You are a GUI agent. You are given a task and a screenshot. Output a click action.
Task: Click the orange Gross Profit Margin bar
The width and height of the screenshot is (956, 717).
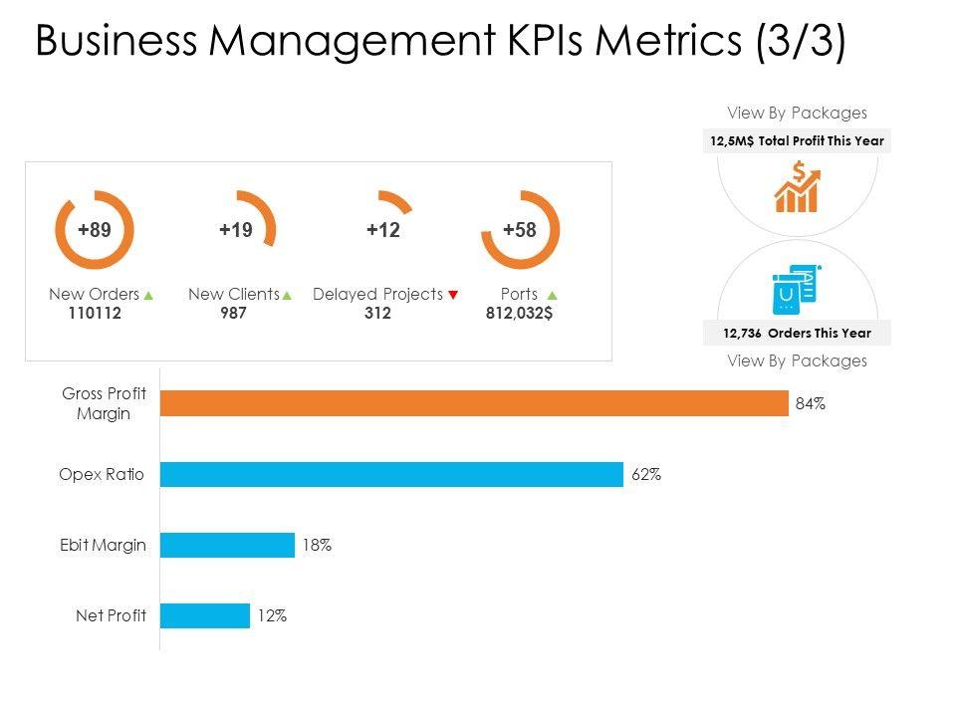[x=474, y=403]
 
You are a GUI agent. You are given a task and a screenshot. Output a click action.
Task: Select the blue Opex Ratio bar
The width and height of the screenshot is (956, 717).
[x=391, y=474]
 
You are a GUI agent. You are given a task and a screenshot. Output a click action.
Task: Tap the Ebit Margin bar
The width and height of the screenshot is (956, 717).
[x=227, y=545]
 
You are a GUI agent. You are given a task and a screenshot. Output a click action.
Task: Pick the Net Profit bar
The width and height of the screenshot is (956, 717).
[x=205, y=615]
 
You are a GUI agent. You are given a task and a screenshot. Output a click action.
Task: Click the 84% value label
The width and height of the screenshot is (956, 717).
[x=810, y=404]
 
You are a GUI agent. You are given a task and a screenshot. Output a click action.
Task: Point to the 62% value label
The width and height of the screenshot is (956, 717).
[x=645, y=475]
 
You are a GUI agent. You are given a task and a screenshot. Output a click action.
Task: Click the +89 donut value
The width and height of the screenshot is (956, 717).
[x=95, y=230]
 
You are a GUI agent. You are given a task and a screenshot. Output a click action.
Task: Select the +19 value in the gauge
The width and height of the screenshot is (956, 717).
[x=236, y=230]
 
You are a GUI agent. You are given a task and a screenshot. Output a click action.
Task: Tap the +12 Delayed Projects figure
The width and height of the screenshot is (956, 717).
[x=382, y=230]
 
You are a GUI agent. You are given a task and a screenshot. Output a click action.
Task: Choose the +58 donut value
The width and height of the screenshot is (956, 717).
[x=520, y=230]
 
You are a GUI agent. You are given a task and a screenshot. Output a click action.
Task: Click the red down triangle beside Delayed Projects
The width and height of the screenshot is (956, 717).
[x=453, y=295]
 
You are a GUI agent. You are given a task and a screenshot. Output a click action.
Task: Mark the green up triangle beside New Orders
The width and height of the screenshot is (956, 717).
[x=148, y=295]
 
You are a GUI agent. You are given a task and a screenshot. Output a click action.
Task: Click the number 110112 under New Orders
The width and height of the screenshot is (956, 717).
[x=95, y=313]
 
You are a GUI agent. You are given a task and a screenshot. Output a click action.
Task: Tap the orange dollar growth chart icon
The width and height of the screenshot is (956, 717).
[x=798, y=189]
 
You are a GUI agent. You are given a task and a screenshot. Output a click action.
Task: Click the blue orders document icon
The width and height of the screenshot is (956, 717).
[x=794, y=290]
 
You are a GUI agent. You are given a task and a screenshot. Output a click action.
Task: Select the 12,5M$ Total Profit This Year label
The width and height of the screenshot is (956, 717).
[x=797, y=141]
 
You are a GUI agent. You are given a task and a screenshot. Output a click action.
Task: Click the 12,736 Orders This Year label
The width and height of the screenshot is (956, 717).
[x=797, y=333]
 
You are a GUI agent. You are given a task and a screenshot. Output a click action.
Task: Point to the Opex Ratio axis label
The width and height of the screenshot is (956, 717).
[x=102, y=475]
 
